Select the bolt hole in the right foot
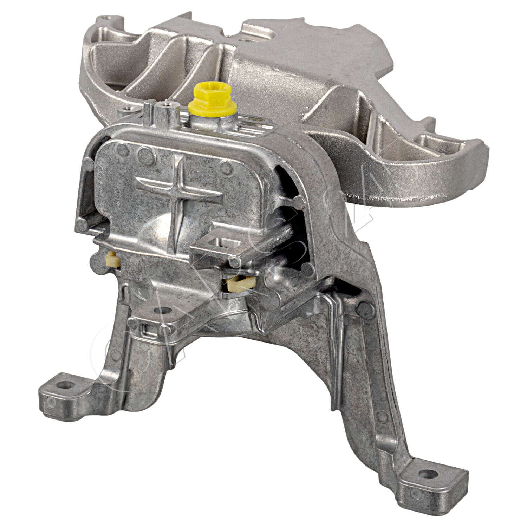point(428,474)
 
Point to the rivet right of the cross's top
point(225,165)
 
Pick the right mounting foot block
point(432,478)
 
